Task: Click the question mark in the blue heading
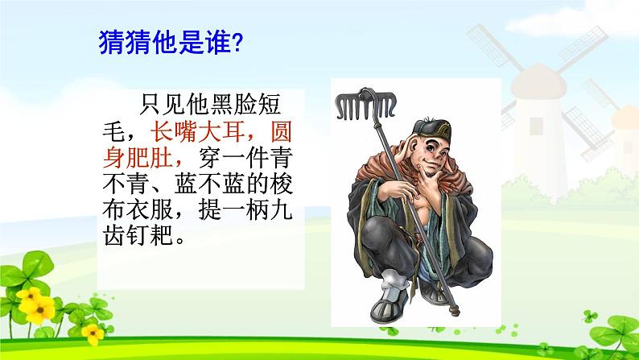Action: point(237,43)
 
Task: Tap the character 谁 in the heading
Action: point(217,42)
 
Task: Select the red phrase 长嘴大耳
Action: point(198,131)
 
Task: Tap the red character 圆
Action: point(281,131)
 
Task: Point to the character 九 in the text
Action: point(281,210)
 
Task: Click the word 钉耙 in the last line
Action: point(150,235)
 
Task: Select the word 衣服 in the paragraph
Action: point(150,210)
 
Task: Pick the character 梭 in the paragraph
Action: point(281,184)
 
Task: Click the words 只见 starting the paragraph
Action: point(162,104)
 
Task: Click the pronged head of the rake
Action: point(365,104)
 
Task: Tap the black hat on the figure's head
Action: point(432,130)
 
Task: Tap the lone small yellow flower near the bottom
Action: point(93,333)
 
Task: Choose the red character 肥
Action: point(138,157)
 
